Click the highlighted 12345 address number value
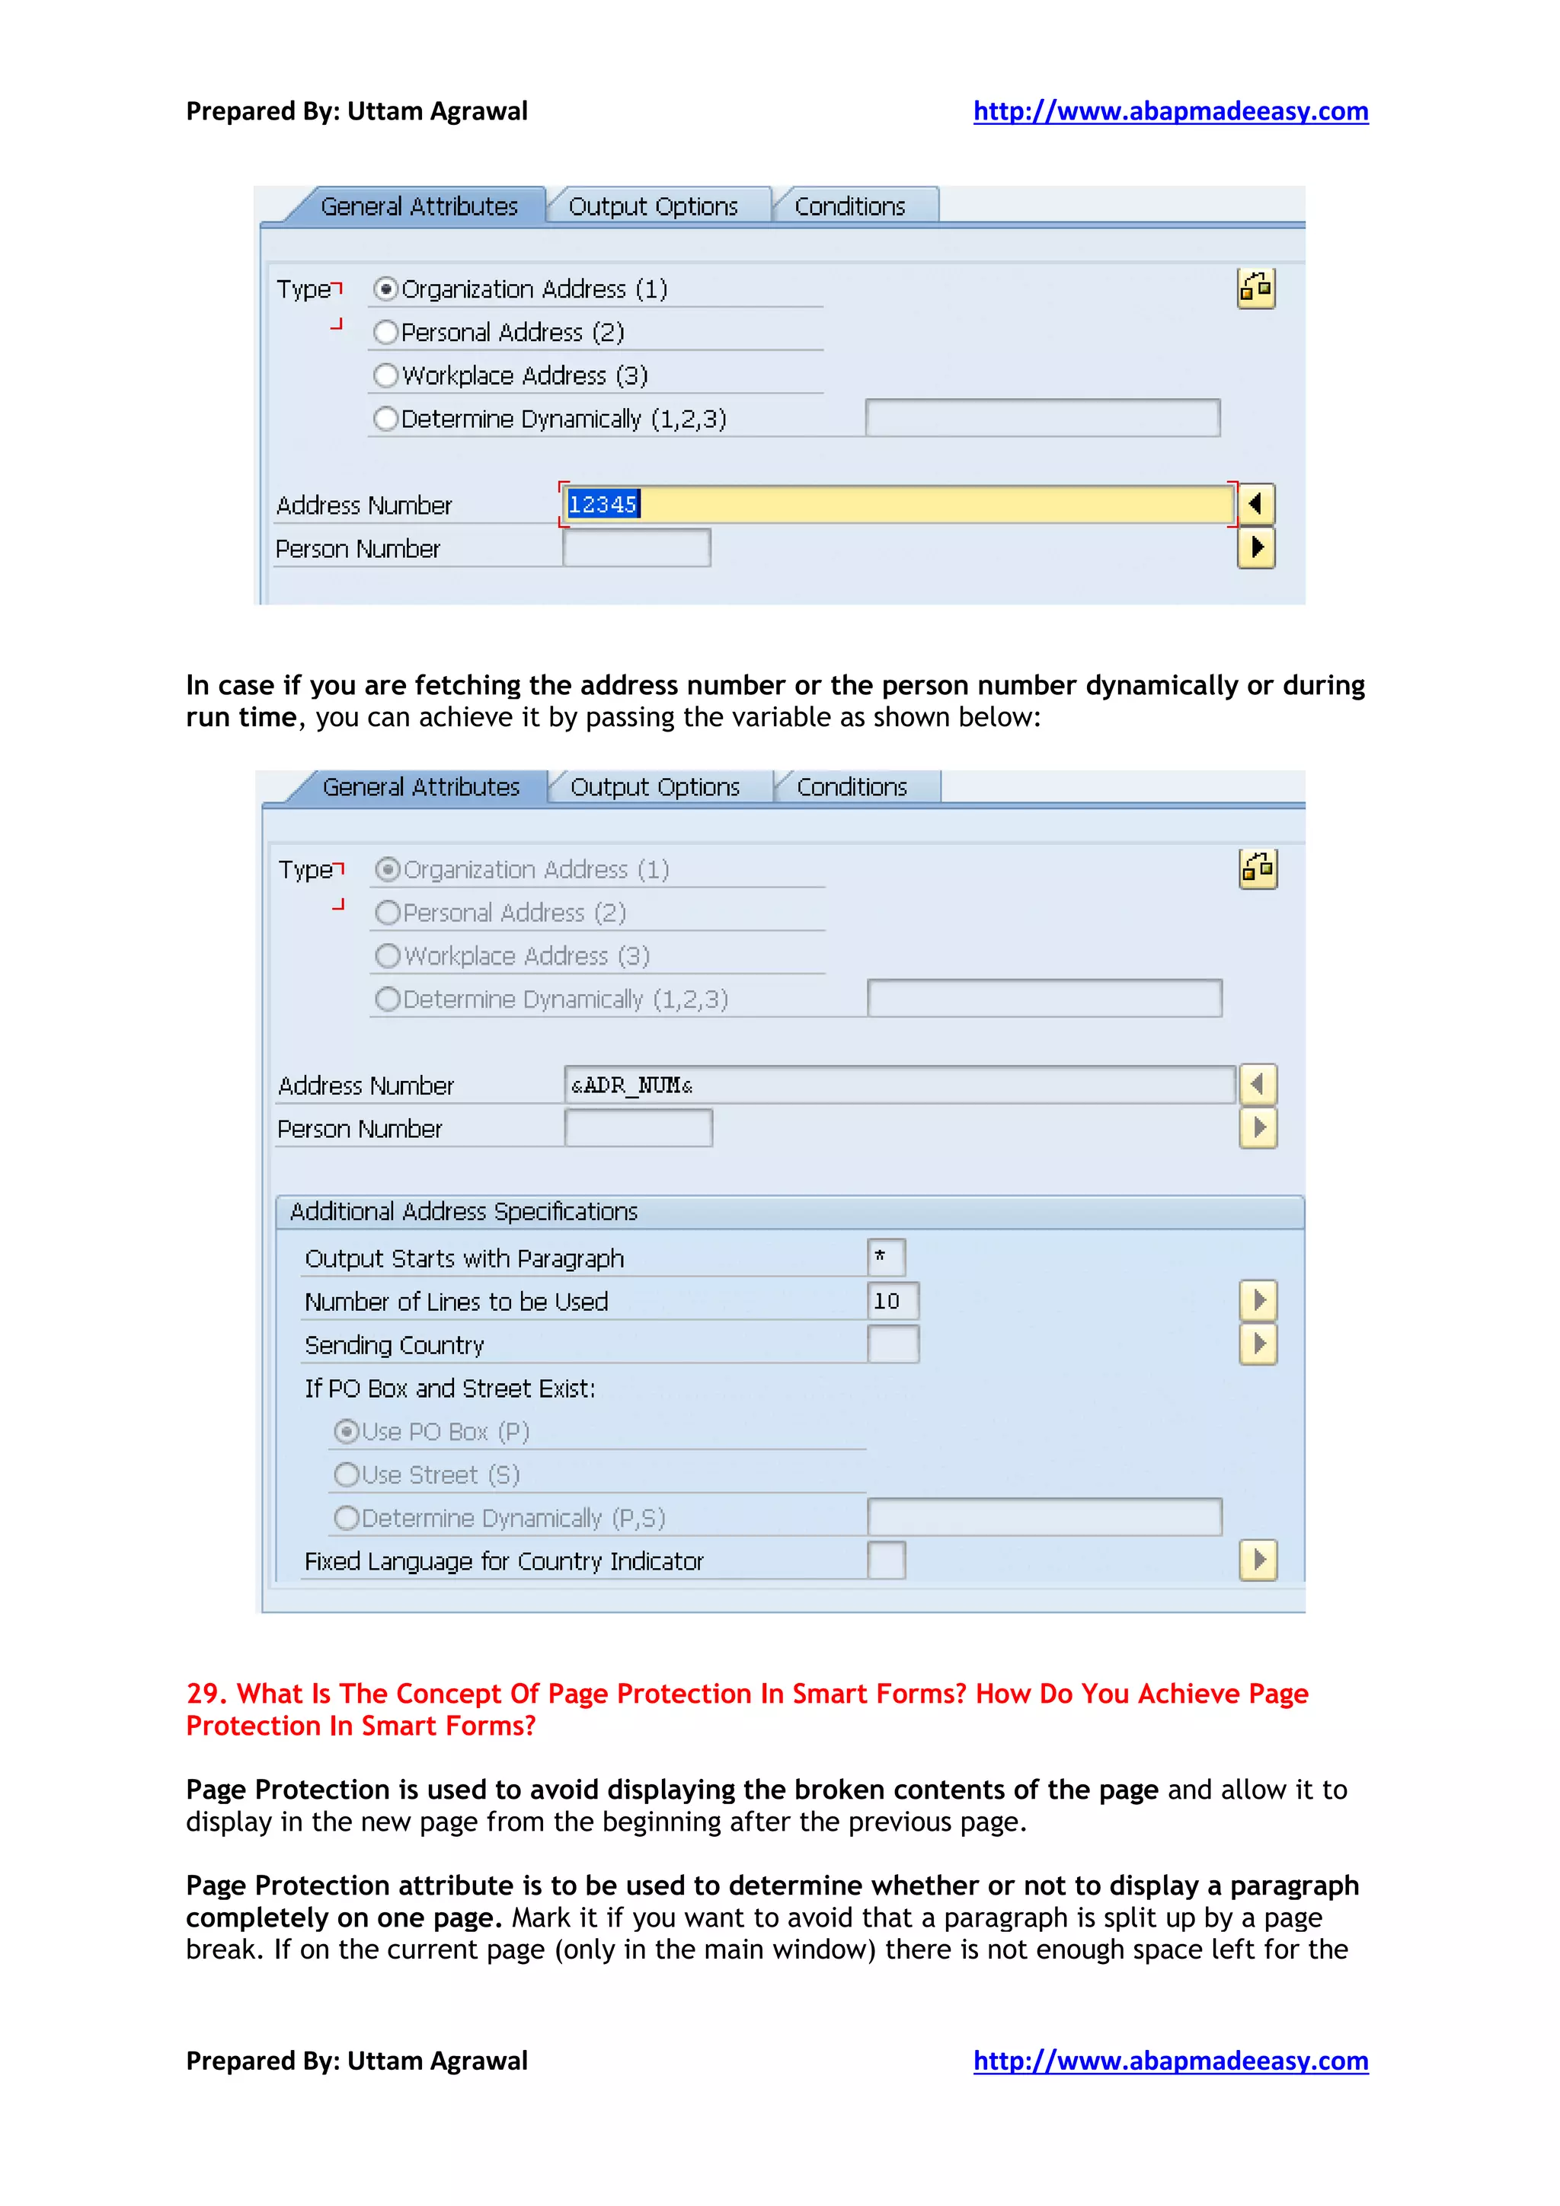[x=603, y=505]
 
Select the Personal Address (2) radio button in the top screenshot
[x=385, y=333]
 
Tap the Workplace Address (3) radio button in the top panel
[x=385, y=376]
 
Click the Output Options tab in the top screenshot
[x=653, y=206]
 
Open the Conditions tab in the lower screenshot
[x=852, y=787]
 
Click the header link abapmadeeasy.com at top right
[x=1170, y=111]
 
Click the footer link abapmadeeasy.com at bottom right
[x=1170, y=2061]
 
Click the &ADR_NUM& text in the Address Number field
[x=631, y=1085]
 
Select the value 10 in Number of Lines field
[x=886, y=1301]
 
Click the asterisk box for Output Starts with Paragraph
[x=884, y=1258]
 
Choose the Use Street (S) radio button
[x=346, y=1474]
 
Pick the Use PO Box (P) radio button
[x=346, y=1432]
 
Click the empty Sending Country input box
[x=892, y=1344]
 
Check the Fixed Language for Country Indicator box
[x=885, y=1560]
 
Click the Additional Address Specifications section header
[x=464, y=1212]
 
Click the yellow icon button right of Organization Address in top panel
[x=1255, y=289]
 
